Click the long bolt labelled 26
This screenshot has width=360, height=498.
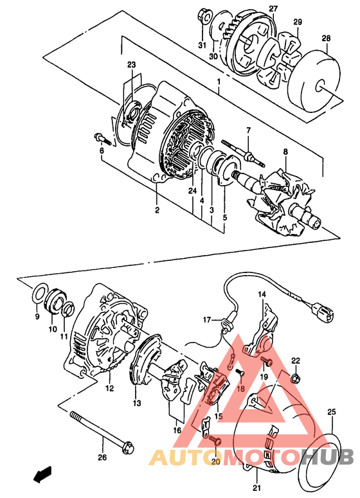[101, 431]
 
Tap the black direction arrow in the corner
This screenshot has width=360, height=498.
[42, 474]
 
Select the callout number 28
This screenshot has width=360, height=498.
[326, 38]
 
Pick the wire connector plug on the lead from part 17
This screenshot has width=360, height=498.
[322, 311]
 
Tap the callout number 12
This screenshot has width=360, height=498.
[110, 388]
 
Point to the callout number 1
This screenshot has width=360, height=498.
[219, 82]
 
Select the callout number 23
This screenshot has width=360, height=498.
[132, 65]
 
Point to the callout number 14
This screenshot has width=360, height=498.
[262, 294]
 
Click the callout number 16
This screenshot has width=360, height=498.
[177, 431]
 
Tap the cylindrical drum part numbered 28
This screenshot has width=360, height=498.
[314, 84]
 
